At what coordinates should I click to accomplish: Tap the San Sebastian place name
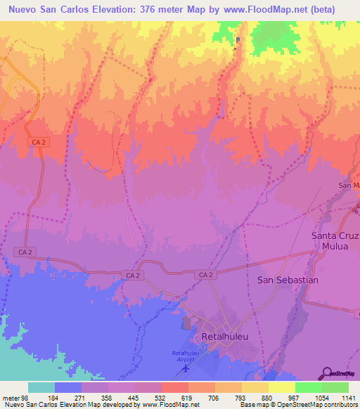[288, 280]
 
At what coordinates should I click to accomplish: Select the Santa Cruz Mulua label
[335, 242]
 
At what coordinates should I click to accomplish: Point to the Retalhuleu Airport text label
[186, 356]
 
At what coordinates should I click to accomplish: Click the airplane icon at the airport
[187, 368]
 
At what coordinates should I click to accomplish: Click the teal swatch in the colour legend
[41, 387]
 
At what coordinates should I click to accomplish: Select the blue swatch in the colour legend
[68, 387]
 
